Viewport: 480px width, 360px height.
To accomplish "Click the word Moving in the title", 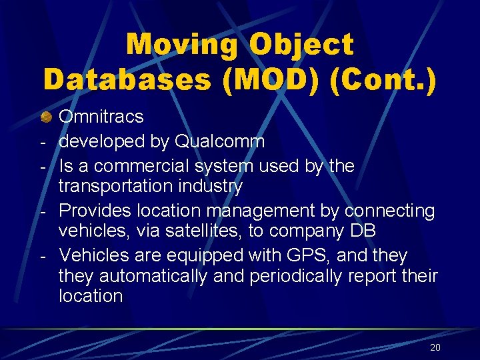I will [x=181, y=45].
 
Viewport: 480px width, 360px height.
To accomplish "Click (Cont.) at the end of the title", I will [x=372, y=79].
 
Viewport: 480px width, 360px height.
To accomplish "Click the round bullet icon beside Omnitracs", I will [x=46, y=117].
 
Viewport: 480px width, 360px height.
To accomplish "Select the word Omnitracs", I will [x=101, y=117].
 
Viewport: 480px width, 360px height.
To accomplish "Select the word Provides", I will [x=95, y=211].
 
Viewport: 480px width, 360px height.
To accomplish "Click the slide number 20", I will [x=435, y=347].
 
